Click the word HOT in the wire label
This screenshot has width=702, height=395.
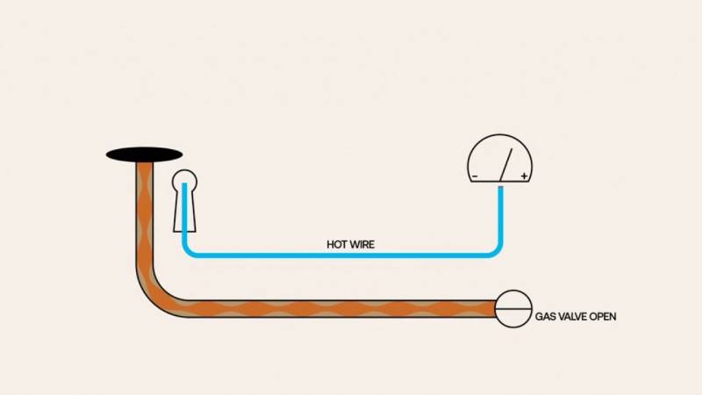pos(335,245)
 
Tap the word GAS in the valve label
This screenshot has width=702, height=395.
pos(545,317)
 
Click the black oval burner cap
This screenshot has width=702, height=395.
pos(144,155)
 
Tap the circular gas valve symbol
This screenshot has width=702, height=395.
pos(513,309)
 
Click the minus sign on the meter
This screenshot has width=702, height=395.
pos(475,176)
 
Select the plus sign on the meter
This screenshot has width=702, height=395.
pos(524,176)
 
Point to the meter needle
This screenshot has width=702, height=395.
pos(506,165)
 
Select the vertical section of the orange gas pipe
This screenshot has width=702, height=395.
pos(144,215)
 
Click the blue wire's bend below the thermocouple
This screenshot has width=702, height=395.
pos(188,251)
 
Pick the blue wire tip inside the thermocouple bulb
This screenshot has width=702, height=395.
pos(184,183)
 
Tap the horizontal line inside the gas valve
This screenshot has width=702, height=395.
pos(513,309)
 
